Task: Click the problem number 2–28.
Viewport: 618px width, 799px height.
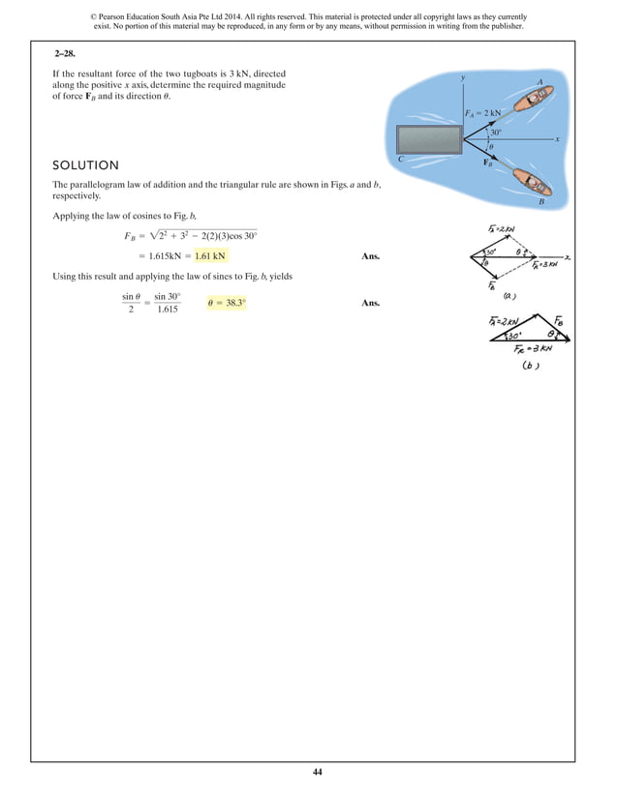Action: coord(68,55)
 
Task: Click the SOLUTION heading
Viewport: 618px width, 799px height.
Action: coord(86,165)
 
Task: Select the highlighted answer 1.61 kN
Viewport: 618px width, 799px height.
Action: coord(210,256)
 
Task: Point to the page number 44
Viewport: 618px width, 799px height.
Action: coord(317,772)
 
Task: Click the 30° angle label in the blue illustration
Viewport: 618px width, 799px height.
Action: coord(495,133)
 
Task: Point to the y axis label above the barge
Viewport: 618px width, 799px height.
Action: coord(464,76)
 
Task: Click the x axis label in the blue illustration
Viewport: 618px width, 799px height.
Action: coord(558,139)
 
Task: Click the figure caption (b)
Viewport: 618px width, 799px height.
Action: coord(530,367)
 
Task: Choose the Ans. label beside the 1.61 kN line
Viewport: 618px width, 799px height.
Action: coord(370,256)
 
